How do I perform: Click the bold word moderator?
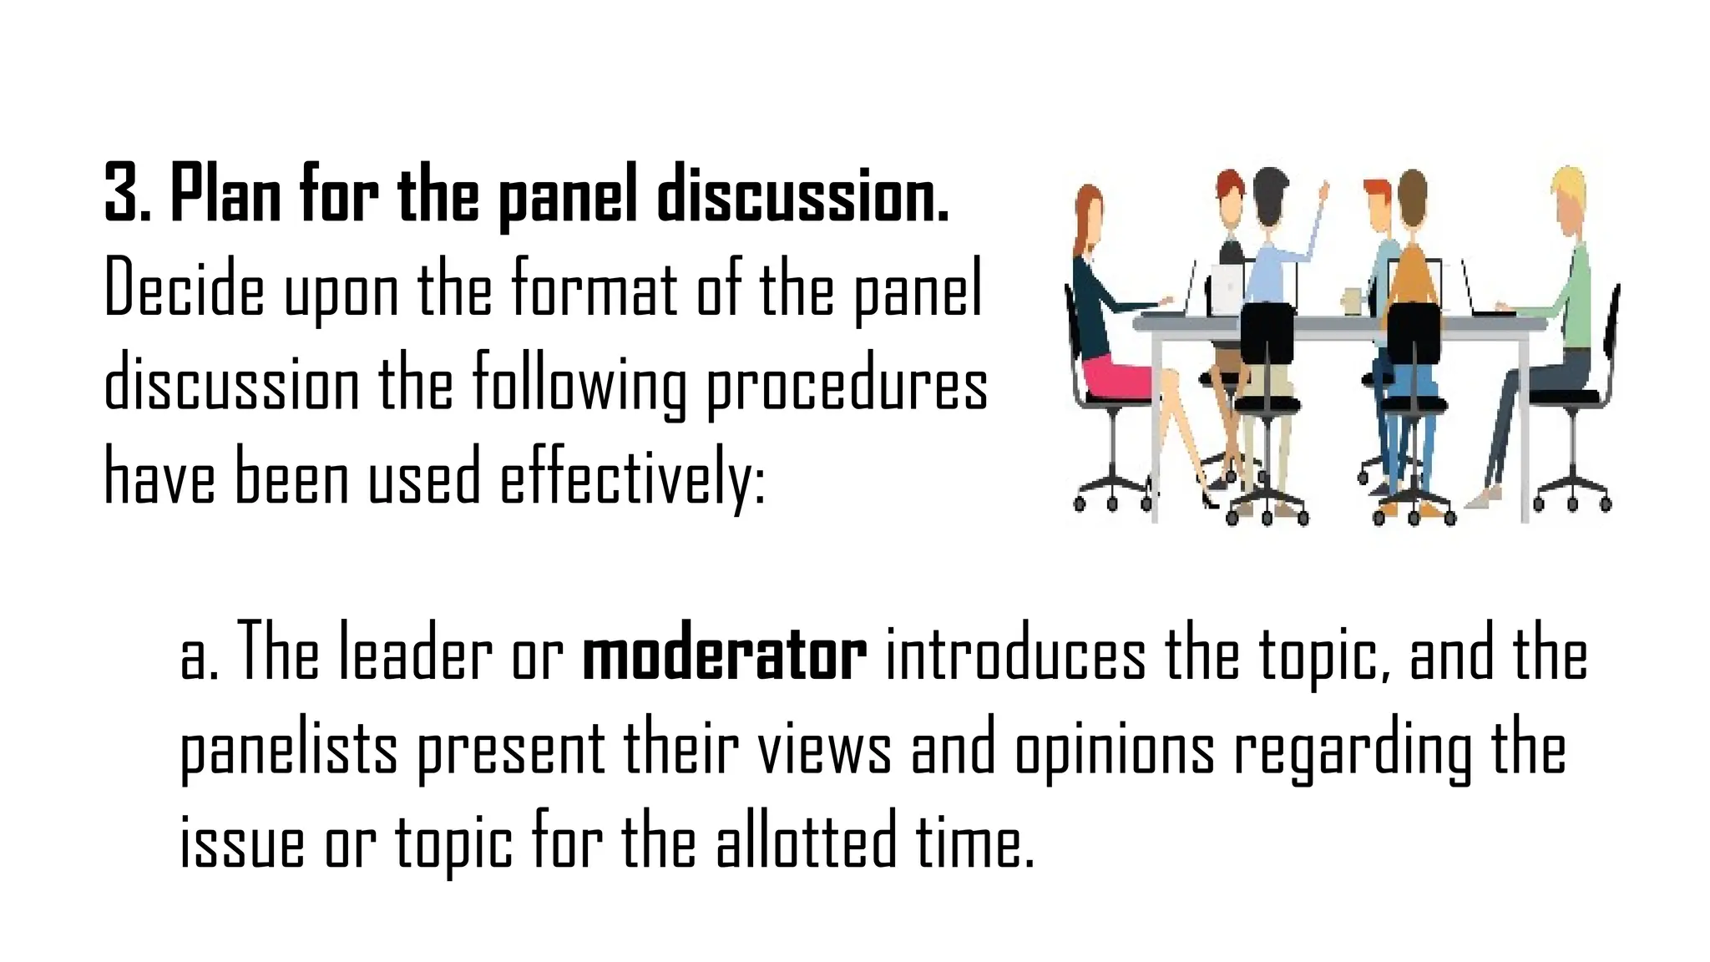point(724,657)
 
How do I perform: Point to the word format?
point(594,289)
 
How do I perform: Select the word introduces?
point(1015,657)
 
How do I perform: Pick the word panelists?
point(289,752)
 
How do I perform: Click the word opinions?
point(1115,752)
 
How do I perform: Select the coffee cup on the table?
point(1352,301)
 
